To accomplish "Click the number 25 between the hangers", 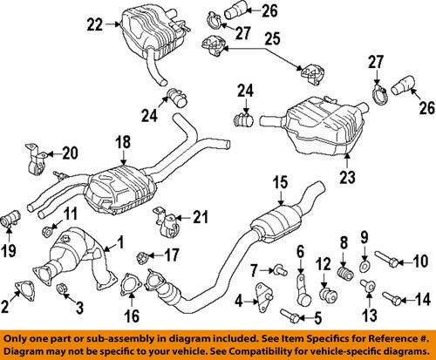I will pyautogui.click(x=272, y=38).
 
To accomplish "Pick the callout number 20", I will pyautogui.click(x=71, y=153).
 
